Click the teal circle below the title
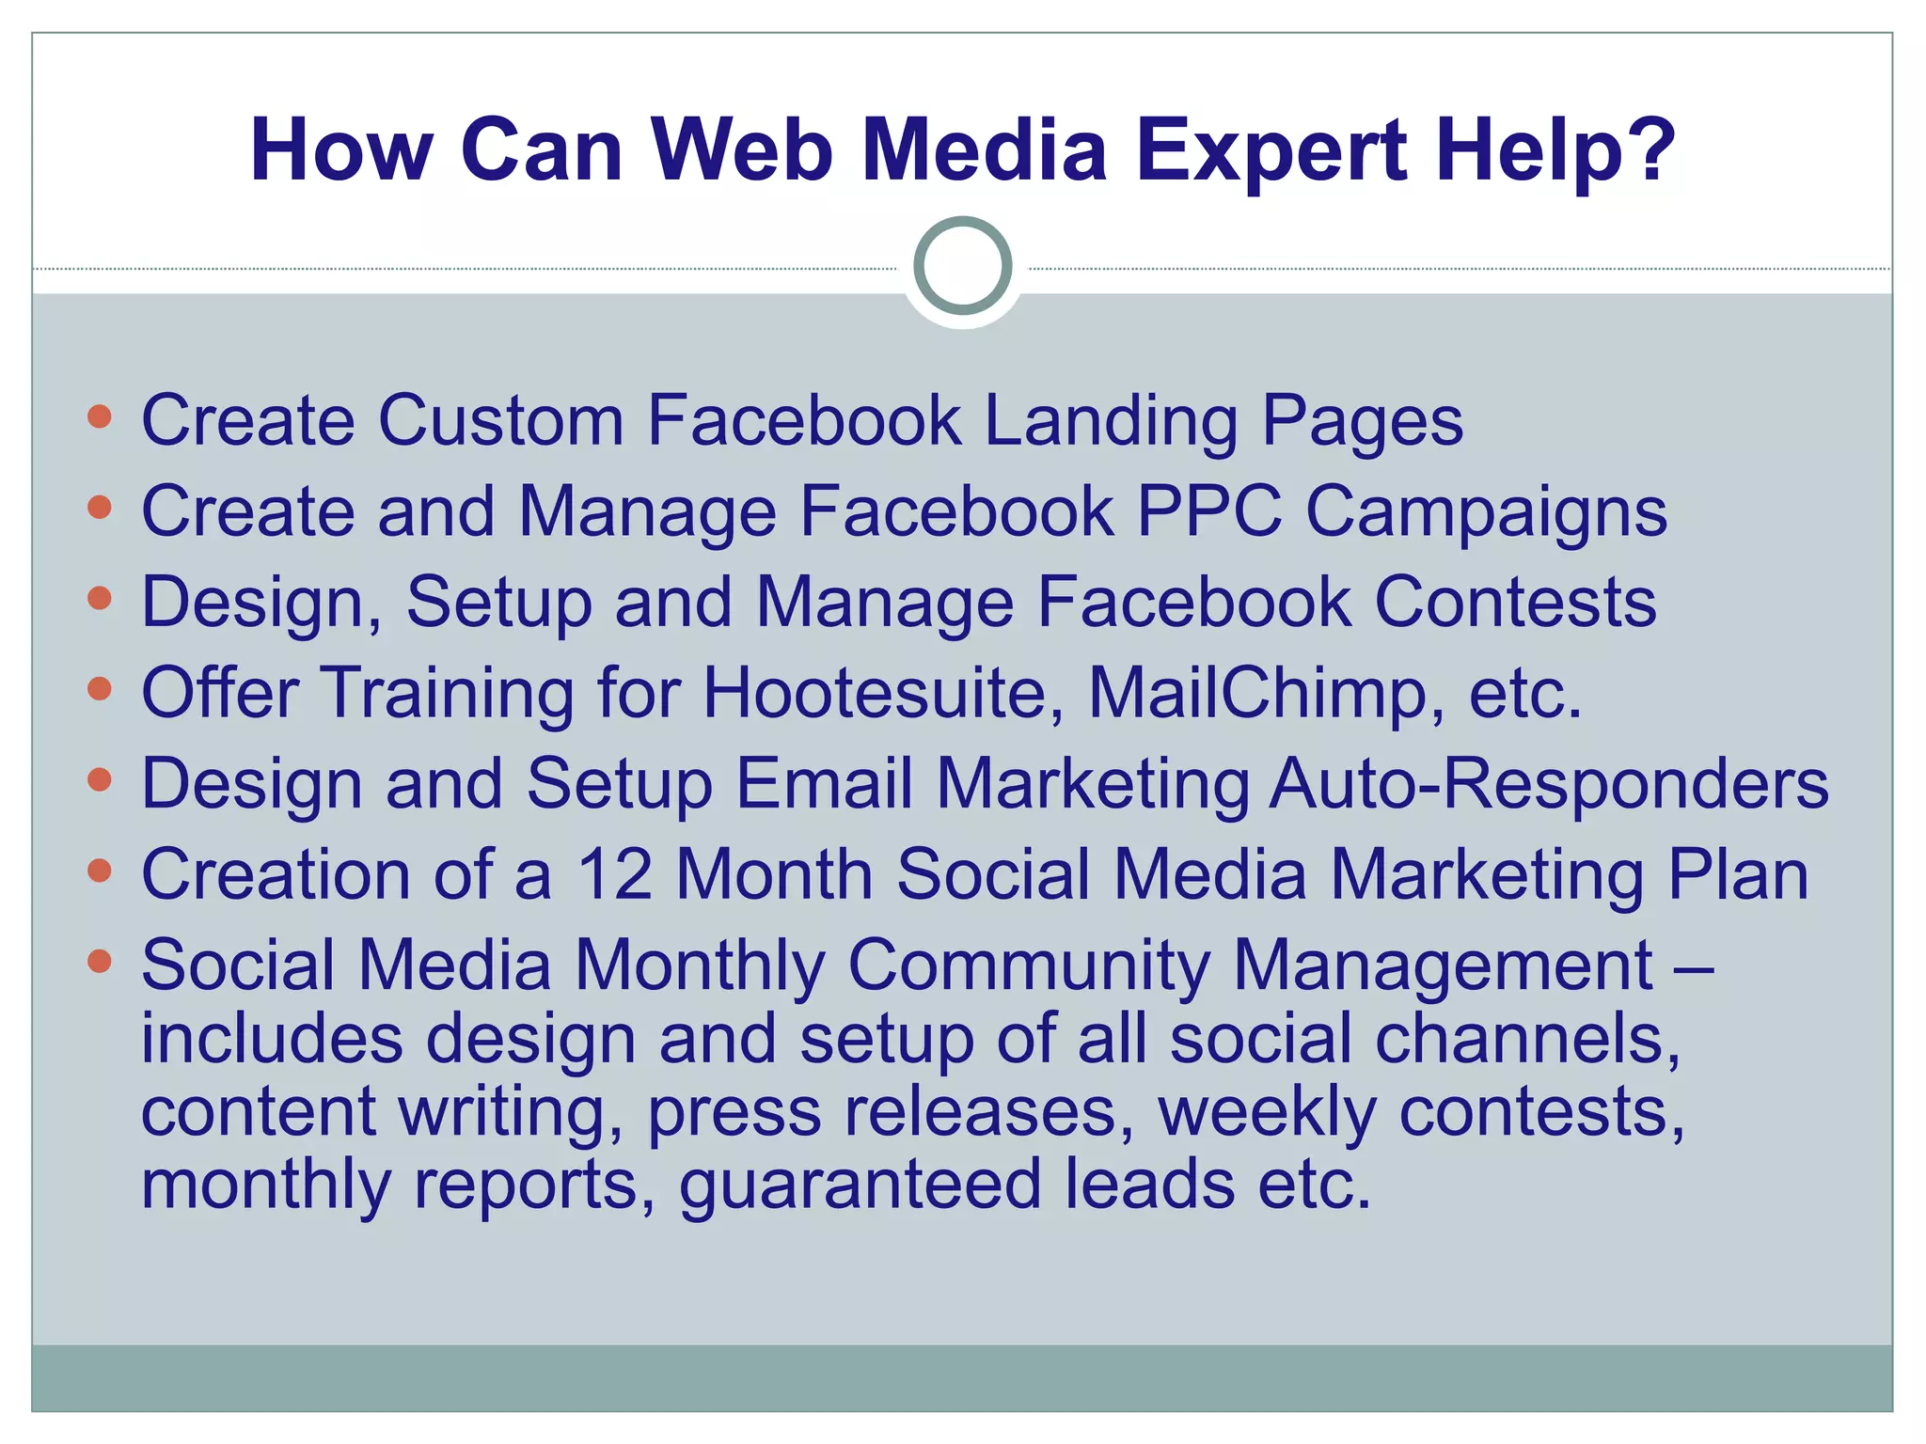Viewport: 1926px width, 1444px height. tap(962, 266)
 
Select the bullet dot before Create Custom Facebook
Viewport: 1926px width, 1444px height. tap(99, 416)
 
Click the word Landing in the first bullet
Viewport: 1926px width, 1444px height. tap(1110, 420)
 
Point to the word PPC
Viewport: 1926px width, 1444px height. tap(1209, 511)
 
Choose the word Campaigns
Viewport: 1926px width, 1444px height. tap(1486, 513)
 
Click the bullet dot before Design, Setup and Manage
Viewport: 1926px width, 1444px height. tap(99, 598)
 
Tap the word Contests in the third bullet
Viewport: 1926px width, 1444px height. tap(1515, 602)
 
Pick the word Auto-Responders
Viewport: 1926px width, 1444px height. tap(1548, 784)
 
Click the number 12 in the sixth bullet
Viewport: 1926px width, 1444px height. tap(614, 874)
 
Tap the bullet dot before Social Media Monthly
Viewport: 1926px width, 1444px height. tap(99, 961)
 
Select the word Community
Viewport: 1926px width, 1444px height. tap(1028, 966)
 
